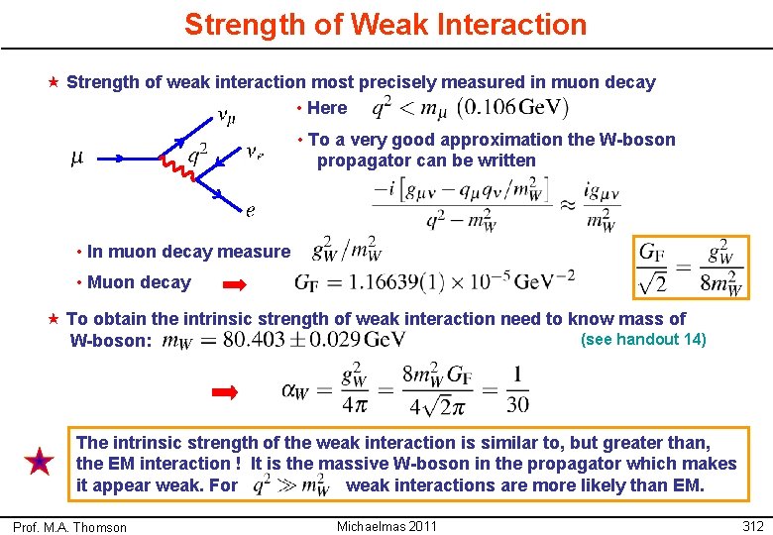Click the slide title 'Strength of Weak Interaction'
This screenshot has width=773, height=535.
coord(386,25)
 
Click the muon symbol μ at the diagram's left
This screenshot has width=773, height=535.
coord(76,157)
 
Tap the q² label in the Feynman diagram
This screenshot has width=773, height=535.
coord(197,152)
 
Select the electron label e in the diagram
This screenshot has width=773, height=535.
coord(251,209)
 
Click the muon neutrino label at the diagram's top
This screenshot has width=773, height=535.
coord(226,118)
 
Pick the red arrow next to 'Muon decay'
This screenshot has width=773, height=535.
coord(235,284)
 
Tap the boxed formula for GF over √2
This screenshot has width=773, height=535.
coord(691,267)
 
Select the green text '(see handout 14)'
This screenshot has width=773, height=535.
coord(643,340)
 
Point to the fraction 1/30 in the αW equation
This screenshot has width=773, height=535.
coord(515,389)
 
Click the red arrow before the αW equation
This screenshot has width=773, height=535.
coord(227,392)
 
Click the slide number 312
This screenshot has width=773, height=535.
coord(752,525)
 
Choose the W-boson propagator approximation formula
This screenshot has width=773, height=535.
coord(496,203)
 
